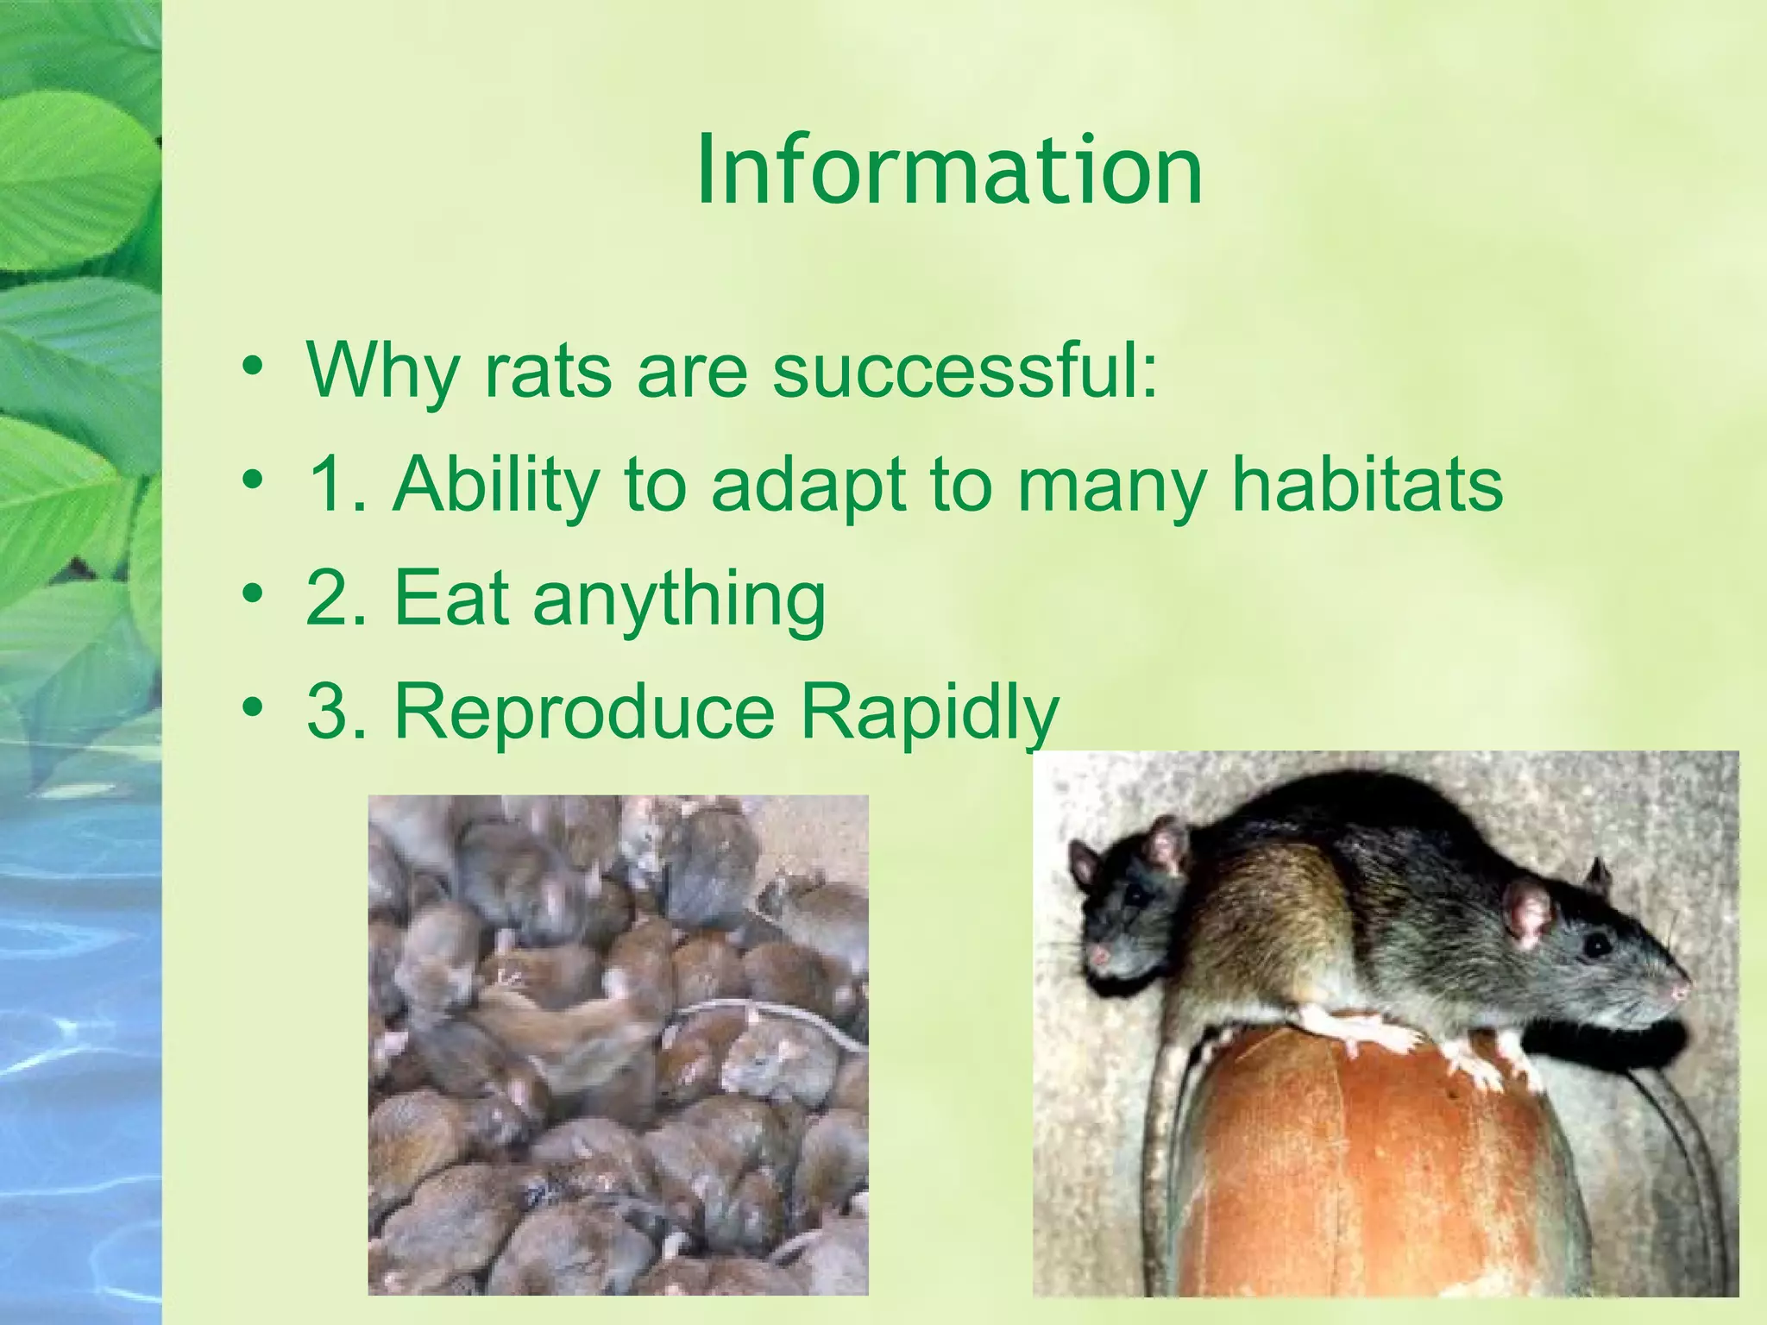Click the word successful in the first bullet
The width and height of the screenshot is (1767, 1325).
tap(965, 371)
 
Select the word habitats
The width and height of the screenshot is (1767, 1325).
tap(1367, 484)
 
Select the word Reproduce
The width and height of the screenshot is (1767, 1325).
tap(584, 714)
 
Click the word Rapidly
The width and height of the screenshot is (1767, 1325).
tap(929, 714)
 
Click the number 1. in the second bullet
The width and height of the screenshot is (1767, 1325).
tap(337, 484)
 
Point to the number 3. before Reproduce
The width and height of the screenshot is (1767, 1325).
tap(337, 713)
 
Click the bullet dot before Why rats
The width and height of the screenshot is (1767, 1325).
tap(252, 366)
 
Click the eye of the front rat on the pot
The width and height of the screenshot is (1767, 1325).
tap(1597, 946)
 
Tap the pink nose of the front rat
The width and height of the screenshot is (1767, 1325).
tap(1681, 992)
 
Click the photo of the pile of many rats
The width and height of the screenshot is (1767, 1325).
tap(618, 1044)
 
